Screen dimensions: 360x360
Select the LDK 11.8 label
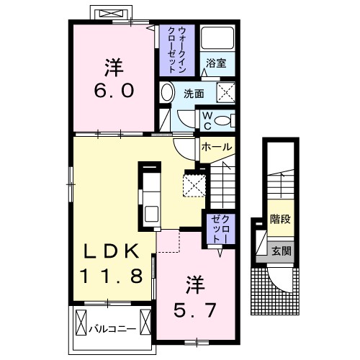click(115, 262)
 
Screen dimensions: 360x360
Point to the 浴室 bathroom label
click(216, 63)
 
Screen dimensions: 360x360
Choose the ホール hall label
click(217, 147)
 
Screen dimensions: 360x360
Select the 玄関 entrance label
click(281, 251)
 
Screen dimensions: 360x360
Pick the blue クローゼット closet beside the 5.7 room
click(218, 230)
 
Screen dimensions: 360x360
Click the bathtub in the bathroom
click(216, 38)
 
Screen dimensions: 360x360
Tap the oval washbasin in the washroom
click(167, 93)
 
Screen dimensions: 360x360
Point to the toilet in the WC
click(223, 120)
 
